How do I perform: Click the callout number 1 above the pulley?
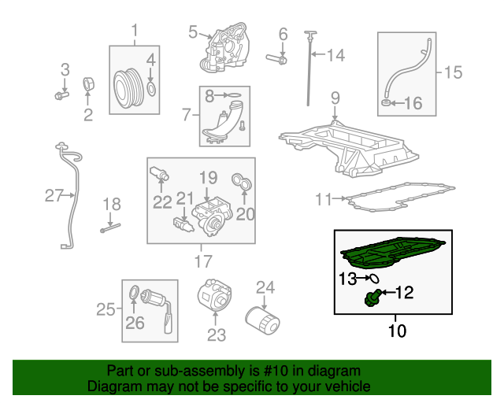coord(134,31)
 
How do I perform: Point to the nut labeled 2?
coord(89,84)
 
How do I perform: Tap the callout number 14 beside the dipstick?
coord(335,55)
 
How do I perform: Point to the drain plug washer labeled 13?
coord(374,278)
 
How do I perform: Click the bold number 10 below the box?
coord(398,331)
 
